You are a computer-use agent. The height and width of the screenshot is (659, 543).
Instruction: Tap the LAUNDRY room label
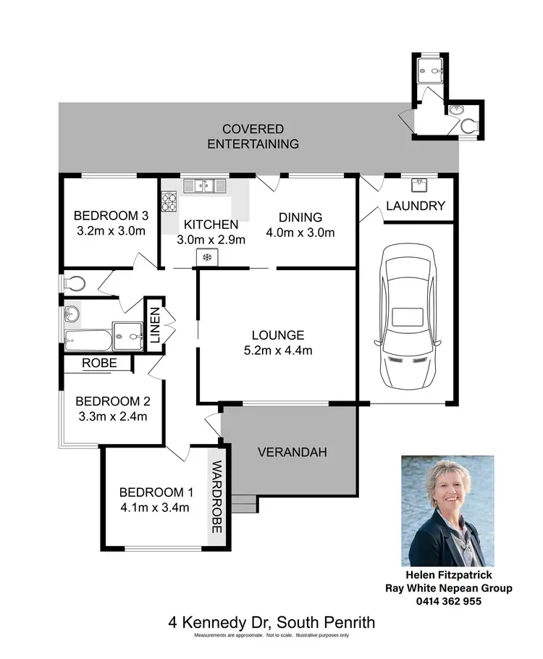tap(415, 206)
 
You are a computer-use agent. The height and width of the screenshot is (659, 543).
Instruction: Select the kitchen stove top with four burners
tap(169, 201)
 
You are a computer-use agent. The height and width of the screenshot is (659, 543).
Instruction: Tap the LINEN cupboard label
tap(154, 325)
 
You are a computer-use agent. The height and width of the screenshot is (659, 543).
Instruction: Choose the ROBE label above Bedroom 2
tap(99, 364)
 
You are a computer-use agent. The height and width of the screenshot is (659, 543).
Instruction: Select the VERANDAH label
tap(292, 453)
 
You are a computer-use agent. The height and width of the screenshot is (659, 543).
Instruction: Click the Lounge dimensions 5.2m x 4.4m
tap(278, 351)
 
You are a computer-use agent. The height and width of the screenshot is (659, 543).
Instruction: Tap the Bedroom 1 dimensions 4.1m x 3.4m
tap(154, 507)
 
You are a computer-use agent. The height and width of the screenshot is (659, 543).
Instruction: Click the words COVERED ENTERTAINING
tap(253, 136)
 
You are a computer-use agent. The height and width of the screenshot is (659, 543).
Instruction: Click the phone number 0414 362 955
tap(448, 600)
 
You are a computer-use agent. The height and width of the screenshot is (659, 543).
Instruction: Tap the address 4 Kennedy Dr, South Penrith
tap(271, 622)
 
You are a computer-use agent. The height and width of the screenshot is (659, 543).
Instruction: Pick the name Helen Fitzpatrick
tap(448, 576)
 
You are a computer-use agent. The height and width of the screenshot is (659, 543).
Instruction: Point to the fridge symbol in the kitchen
tap(208, 256)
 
